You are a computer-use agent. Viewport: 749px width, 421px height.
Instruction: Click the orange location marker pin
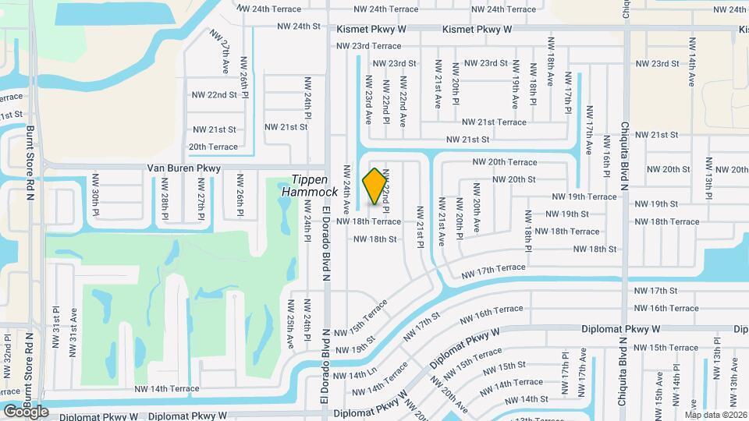[375, 186]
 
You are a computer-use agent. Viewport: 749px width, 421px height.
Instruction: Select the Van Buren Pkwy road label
[184, 168]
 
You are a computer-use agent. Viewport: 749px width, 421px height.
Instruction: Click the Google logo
[26, 411]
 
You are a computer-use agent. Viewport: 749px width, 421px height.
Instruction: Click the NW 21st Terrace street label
[494, 122]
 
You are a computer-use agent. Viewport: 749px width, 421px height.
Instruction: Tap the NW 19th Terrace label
[584, 197]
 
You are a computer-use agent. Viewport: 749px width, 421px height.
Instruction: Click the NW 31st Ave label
[73, 327]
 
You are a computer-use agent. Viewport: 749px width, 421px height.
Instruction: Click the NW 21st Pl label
[420, 227]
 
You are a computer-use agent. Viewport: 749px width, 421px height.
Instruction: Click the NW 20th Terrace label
[505, 162]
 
